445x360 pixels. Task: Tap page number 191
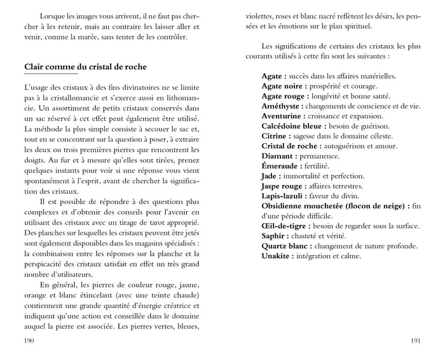[x=416, y=341]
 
